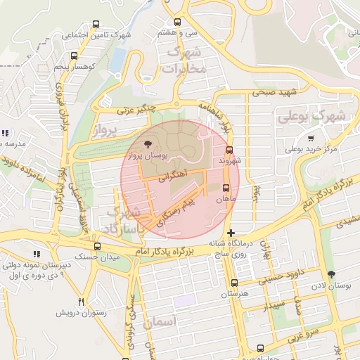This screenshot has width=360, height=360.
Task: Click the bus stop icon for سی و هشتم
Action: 177,22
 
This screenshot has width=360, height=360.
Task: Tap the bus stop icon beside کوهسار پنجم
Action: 74,56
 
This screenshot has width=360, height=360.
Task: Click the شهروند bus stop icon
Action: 229,150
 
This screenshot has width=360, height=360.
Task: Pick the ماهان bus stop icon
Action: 226,188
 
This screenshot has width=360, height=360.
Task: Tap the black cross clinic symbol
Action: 231,233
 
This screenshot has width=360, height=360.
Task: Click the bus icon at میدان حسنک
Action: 97,247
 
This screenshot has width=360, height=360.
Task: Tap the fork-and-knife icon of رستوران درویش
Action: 82,302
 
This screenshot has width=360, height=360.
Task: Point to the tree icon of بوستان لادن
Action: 332,275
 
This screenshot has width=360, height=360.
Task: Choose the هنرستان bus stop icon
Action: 234,282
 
